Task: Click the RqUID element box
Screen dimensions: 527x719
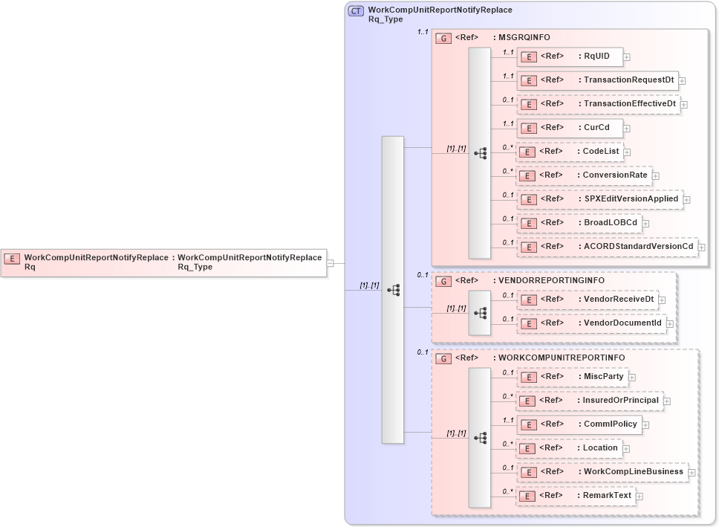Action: coord(570,56)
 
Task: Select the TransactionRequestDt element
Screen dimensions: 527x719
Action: coord(597,80)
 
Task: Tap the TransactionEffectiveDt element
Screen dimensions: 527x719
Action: coord(599,104)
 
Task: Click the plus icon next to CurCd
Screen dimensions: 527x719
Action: coord(627,129)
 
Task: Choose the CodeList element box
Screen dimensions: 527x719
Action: coord(570,152)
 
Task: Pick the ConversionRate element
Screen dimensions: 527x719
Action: coord(584,175)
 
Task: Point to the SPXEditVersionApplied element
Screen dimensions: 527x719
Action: coord(599,199)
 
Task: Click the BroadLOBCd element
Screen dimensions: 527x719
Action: coord(579,223)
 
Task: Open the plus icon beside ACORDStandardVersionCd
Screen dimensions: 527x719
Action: coord(701,248)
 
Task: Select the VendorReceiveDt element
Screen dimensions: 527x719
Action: coord(587,300)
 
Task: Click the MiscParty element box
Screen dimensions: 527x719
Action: coord(572,377)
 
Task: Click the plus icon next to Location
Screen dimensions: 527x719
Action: coord(626,449)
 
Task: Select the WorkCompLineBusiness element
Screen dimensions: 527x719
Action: coord(601,472)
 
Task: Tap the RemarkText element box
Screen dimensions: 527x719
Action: coord(576,496)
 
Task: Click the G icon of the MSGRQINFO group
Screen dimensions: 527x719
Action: coord(443,38)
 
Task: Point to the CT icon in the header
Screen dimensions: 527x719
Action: coord(356,11)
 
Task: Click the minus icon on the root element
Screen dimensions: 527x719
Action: coord(331,262)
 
